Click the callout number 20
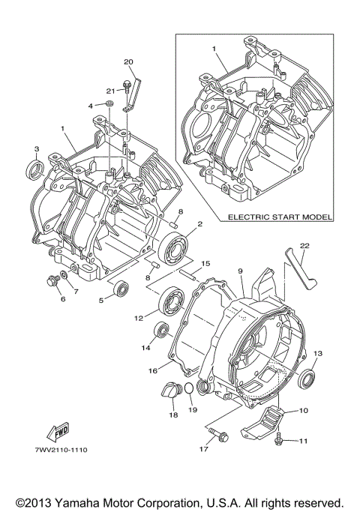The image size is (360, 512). [127, 61]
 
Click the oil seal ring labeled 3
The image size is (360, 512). [35, 169]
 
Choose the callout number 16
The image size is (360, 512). [152, 370]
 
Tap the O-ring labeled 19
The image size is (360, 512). [190, 388]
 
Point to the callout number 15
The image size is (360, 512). [206, 263]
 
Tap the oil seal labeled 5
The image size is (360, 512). [120, 288]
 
